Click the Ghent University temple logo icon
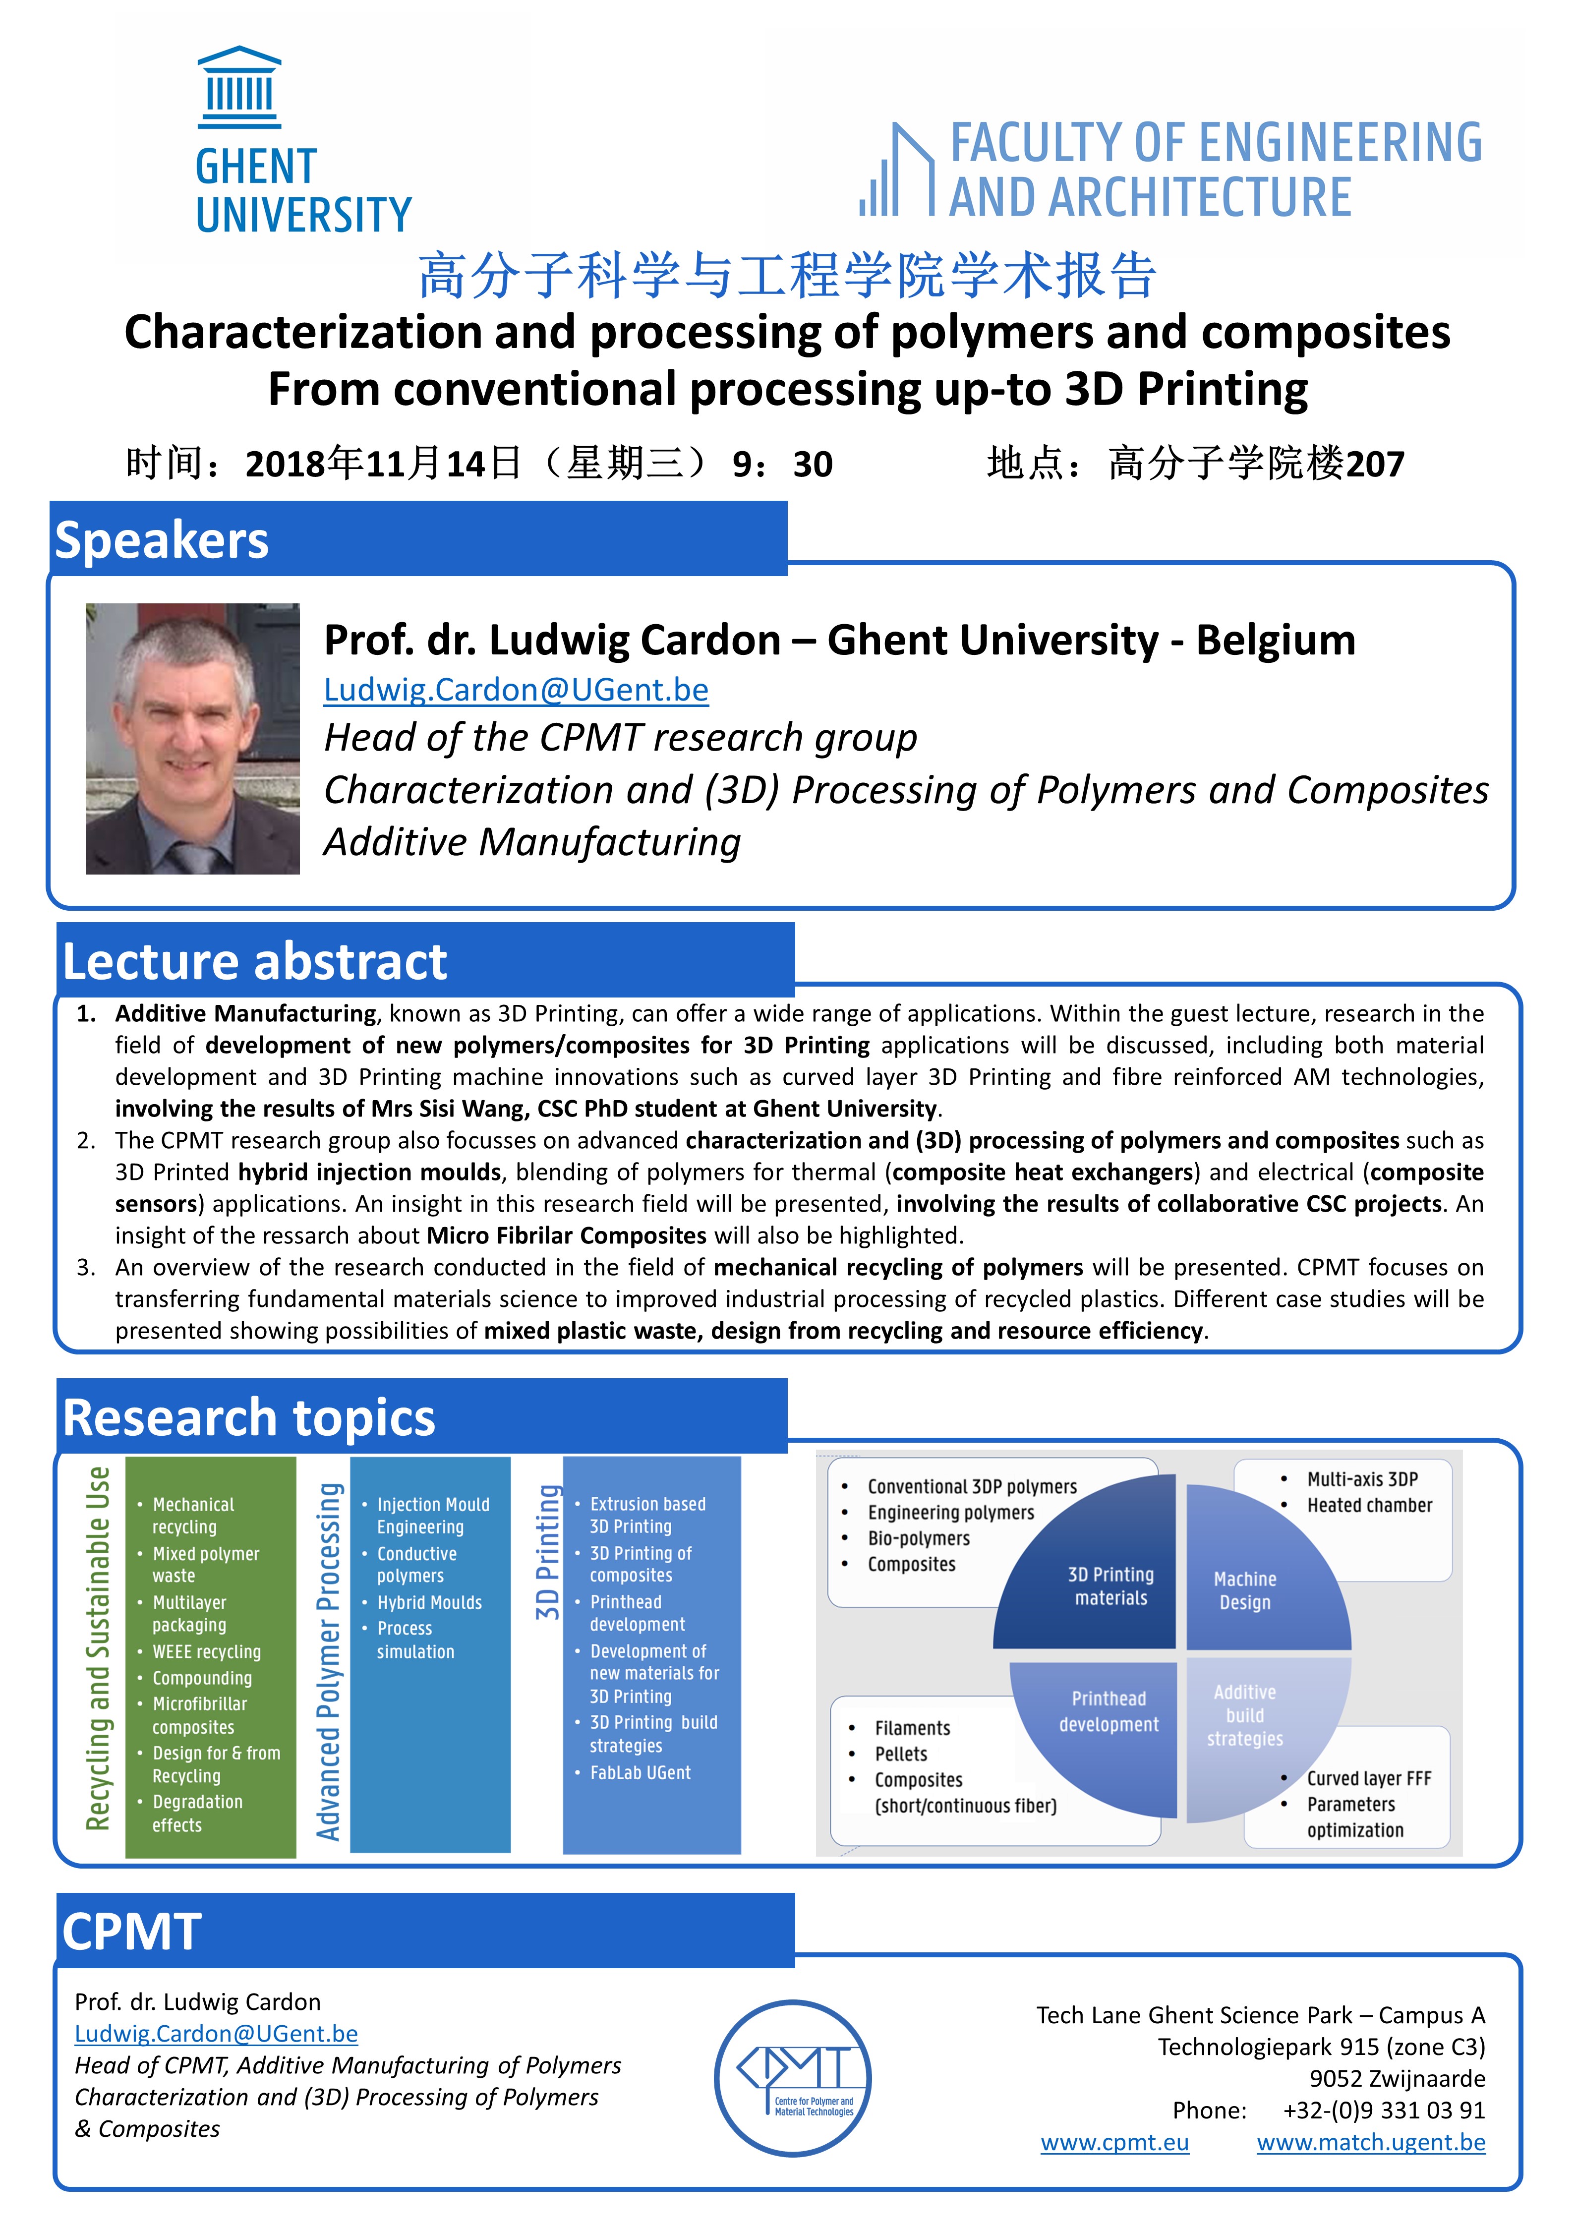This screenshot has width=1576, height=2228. (239, 87)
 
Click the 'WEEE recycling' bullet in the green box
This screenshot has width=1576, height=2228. (207, 1651)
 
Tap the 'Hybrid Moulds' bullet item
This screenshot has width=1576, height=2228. (429, 1602)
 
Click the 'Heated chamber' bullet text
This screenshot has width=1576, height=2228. (1369, 1505)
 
